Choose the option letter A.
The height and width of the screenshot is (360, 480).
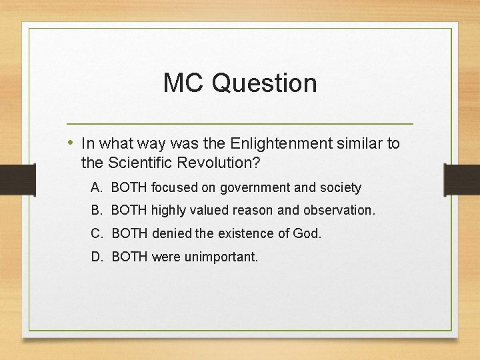click(x=96, y=188)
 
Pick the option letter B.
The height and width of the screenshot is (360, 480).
click(x=96, y=211)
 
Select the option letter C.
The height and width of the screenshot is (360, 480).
click(x=96, y=233)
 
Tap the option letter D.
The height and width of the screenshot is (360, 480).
click(x=96, y=257)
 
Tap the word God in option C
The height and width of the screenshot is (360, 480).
click(x=309, y=233)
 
